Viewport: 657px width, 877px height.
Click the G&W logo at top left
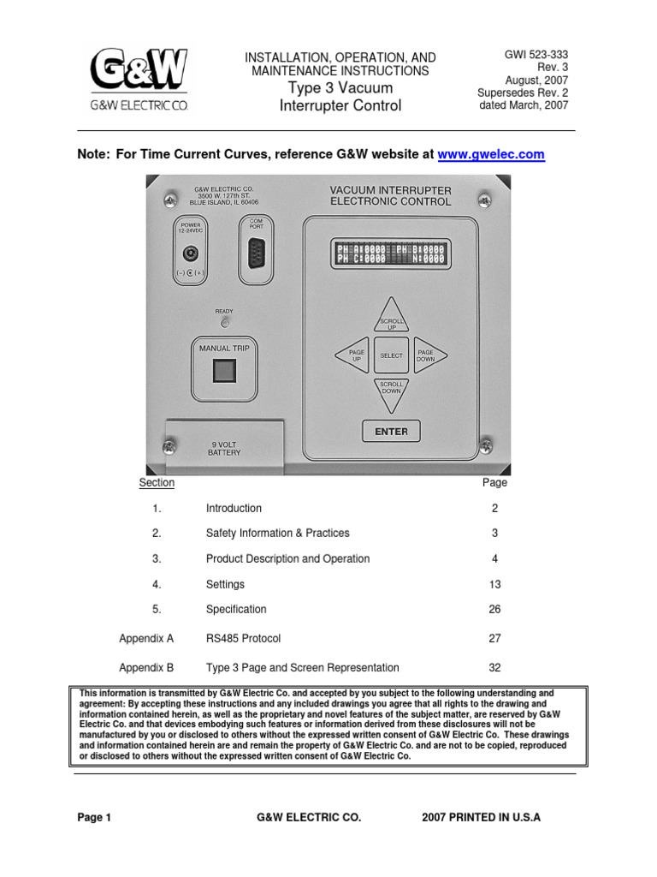[139, 80]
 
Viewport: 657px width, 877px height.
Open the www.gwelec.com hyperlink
[490, 154]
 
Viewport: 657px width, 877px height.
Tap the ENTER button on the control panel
[391, 432]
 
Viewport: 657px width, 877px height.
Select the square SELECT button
[391, 355]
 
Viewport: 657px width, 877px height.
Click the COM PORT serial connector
[256, 254]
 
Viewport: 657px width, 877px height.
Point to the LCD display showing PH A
[390, 253]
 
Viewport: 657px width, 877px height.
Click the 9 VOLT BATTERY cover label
[226, 448]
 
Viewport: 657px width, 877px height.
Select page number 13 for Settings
[494, 584]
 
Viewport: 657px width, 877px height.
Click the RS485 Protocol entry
[243, 638]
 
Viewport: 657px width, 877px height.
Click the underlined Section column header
[157, 482]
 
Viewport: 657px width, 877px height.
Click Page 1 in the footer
[94, 817]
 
